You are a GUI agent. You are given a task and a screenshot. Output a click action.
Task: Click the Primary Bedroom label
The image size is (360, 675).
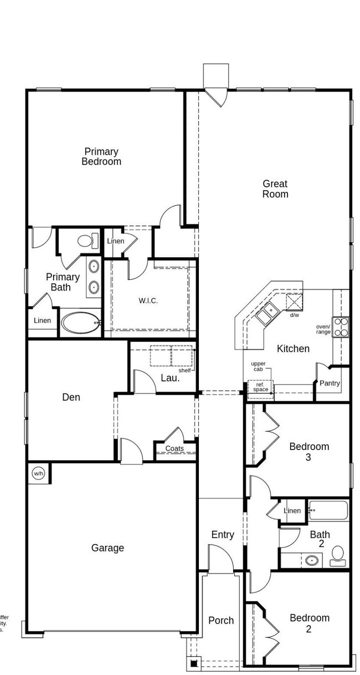(101, 157)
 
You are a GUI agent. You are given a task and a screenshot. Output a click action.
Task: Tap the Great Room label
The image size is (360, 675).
(275, 189)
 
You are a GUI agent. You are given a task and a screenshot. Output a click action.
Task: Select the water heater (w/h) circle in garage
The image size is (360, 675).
(38, 473)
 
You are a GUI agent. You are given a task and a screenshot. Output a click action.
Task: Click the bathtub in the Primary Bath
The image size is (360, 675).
(81, 323)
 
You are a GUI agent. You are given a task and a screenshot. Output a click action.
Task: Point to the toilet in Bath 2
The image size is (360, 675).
(337, 554)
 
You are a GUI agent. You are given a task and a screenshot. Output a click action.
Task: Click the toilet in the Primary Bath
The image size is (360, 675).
(85, 241)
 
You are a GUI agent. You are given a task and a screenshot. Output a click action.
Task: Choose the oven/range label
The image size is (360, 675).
(323, 329)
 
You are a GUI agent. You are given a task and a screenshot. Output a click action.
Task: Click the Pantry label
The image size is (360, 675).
(330, 383)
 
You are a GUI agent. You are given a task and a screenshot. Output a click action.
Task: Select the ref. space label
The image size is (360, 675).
(260, 386)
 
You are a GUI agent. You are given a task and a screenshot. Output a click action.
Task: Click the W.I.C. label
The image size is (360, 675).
(148, 301)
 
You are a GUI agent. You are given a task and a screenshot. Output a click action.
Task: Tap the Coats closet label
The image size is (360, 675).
(174, 448)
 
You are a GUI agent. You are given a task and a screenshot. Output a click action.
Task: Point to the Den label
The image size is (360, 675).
(71, 397)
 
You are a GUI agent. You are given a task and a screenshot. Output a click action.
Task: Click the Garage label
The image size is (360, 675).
(107, 548)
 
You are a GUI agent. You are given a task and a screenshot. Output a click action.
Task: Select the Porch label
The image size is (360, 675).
(221, 621)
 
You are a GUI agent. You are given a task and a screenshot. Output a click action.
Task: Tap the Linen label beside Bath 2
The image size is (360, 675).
(292, 510)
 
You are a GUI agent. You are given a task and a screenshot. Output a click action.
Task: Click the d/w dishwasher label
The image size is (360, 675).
(295, 315)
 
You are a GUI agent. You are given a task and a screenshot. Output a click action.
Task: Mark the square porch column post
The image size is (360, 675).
(194, 662)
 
